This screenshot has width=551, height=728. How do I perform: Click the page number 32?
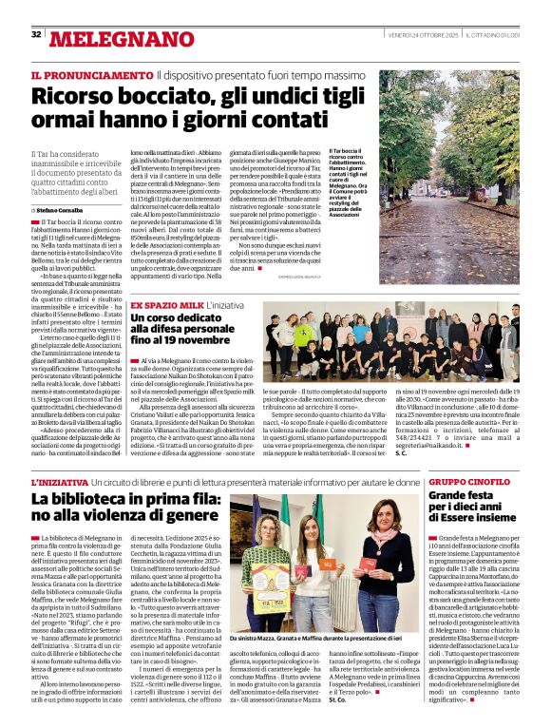tap(36, 34)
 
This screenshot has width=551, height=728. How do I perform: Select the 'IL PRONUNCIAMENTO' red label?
tap(91, 74)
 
